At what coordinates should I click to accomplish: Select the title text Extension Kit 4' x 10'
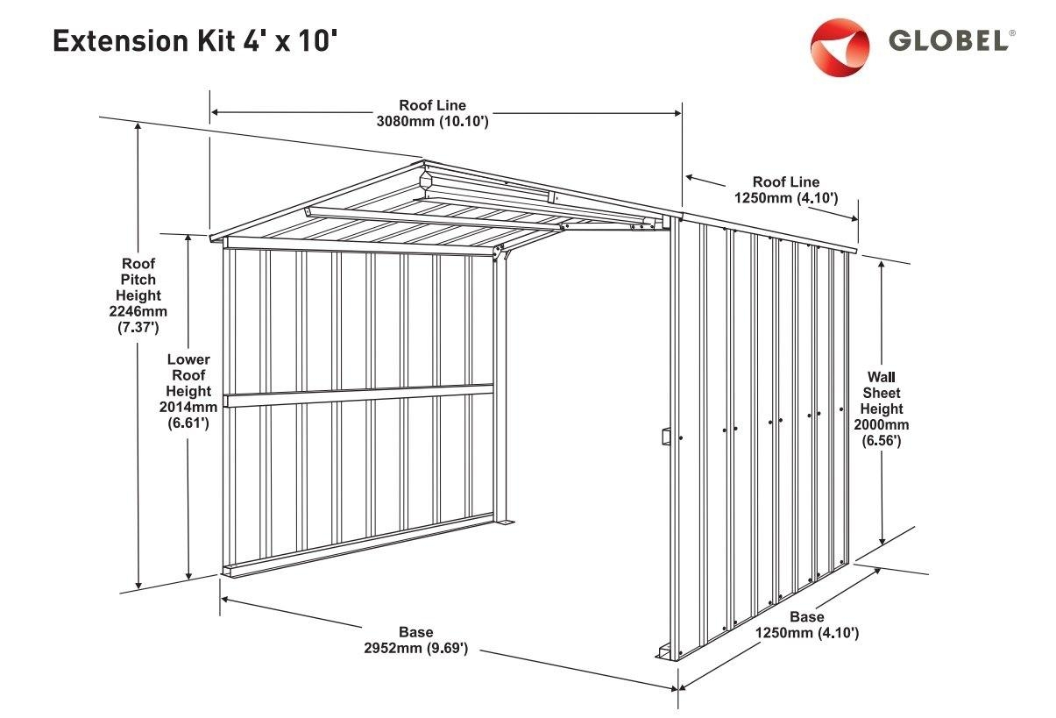click(195, 40)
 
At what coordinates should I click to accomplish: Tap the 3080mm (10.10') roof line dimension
click(432, 122)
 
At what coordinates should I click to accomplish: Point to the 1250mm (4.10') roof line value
click(786, 198)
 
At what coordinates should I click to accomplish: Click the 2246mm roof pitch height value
click(138, 311)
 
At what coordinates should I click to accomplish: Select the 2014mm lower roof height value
click(188, 407)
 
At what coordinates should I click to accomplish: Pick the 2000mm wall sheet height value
click(881, 425)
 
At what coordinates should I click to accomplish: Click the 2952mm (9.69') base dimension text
click(415, 649)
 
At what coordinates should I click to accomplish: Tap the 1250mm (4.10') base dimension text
click(806, 632)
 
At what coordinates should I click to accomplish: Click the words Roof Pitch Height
click(138, 279)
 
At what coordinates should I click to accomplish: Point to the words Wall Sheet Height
click(881, 393)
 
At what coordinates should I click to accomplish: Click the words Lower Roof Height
click(188, 374)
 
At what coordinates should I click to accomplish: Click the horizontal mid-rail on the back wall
click(359, 395)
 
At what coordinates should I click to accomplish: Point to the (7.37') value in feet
click(138, 328)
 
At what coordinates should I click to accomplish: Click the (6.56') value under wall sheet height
click(881, 441)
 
